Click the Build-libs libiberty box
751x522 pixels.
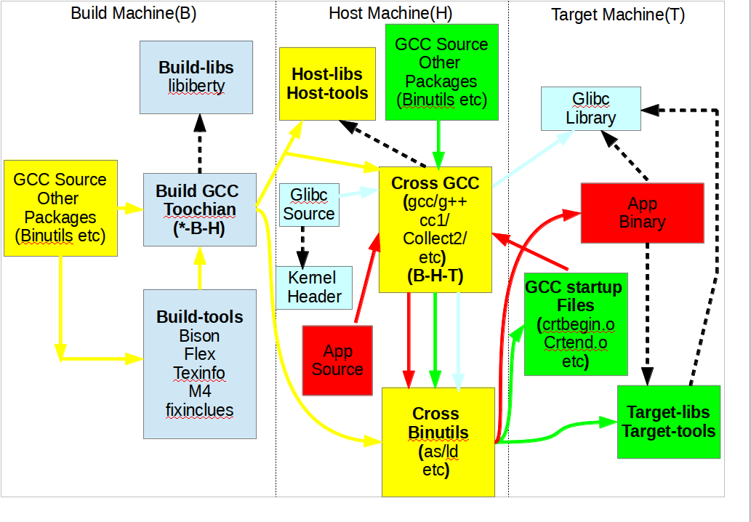pos(196,77)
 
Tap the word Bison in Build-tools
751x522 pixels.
pos(199,336)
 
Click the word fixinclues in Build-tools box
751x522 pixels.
pos(199,410)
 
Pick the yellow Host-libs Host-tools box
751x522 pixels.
pos(327,84)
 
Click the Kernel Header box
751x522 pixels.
pos(314,286)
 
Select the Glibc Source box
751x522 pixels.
pos(309,204)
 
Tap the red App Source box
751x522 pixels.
pos(337,361)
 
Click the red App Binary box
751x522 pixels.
pos(642,212)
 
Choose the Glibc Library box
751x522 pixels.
pos(590,108)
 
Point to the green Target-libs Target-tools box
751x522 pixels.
pos(668,422)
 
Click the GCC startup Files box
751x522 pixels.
pos(573,324)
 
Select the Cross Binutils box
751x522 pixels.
pos(438,442)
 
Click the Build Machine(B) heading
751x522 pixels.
pos(134,13)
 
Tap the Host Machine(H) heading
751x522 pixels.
pos(388,13)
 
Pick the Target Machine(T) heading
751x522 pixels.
pos(618,15)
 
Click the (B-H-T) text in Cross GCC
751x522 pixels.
pos(435,276)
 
